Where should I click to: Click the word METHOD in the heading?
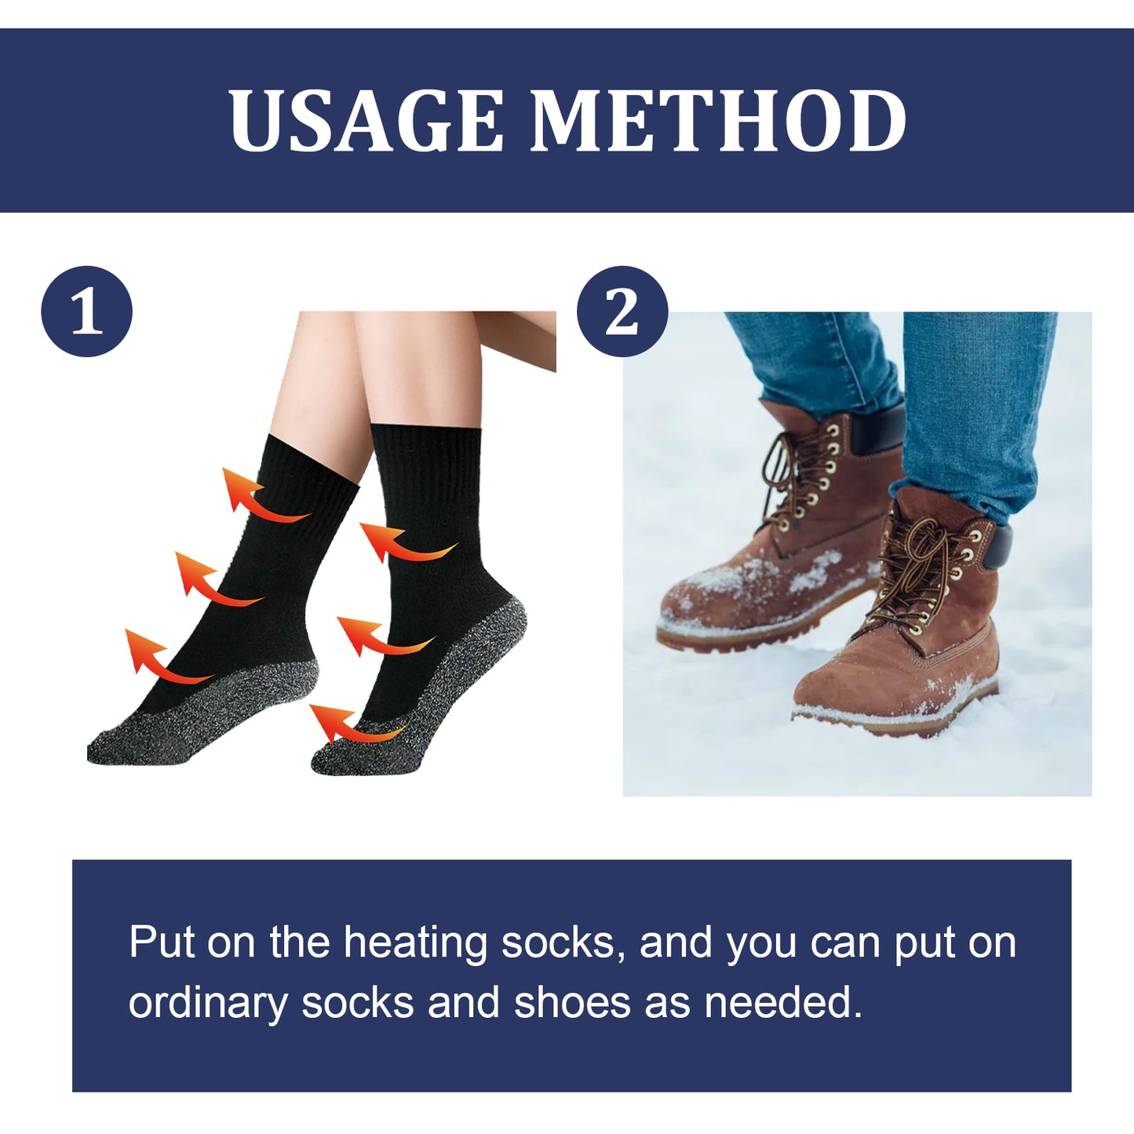pos(718,121)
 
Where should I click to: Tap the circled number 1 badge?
pos(87,312)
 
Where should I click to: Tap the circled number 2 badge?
pos(622,312)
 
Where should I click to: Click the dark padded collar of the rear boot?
pos(879,430)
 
